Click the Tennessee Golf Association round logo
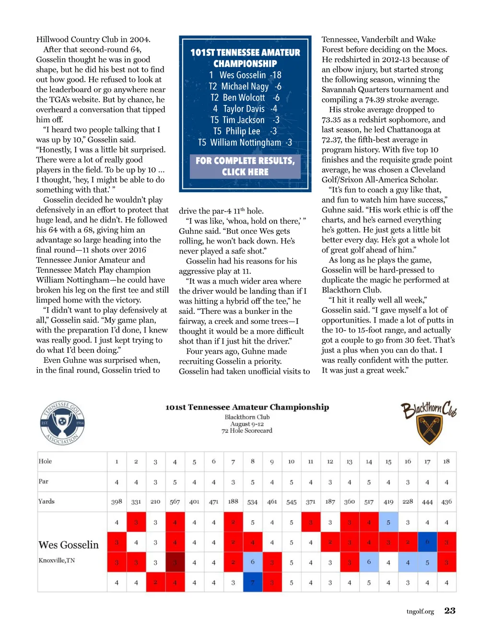(x=62, y=423)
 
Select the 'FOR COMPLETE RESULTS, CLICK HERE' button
(x=245, y=166)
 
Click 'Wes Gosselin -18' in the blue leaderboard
(x=245, y=75)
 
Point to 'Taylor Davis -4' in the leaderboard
(x=245, y=109)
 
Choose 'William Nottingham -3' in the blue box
(x=245, y=142)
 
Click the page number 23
(x=450, y=611)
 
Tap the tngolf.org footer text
(x=420, y=612)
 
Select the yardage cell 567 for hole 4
(x=175, y=502)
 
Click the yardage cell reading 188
(x=233, y=501)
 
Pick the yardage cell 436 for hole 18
(x=446, y=502)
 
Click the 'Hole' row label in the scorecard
(x=45, y=461)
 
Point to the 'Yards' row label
(x=47, y=501)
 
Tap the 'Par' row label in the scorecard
(x=44, y=481)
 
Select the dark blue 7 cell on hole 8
(x=253, y=582)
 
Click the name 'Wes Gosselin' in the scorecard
(x=69, y=545)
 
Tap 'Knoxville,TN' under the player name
(x=57, y=560)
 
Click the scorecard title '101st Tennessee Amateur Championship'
(x=247, y=407)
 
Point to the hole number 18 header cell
(x=446, y=462)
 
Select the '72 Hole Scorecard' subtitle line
(x=246, y=431)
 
